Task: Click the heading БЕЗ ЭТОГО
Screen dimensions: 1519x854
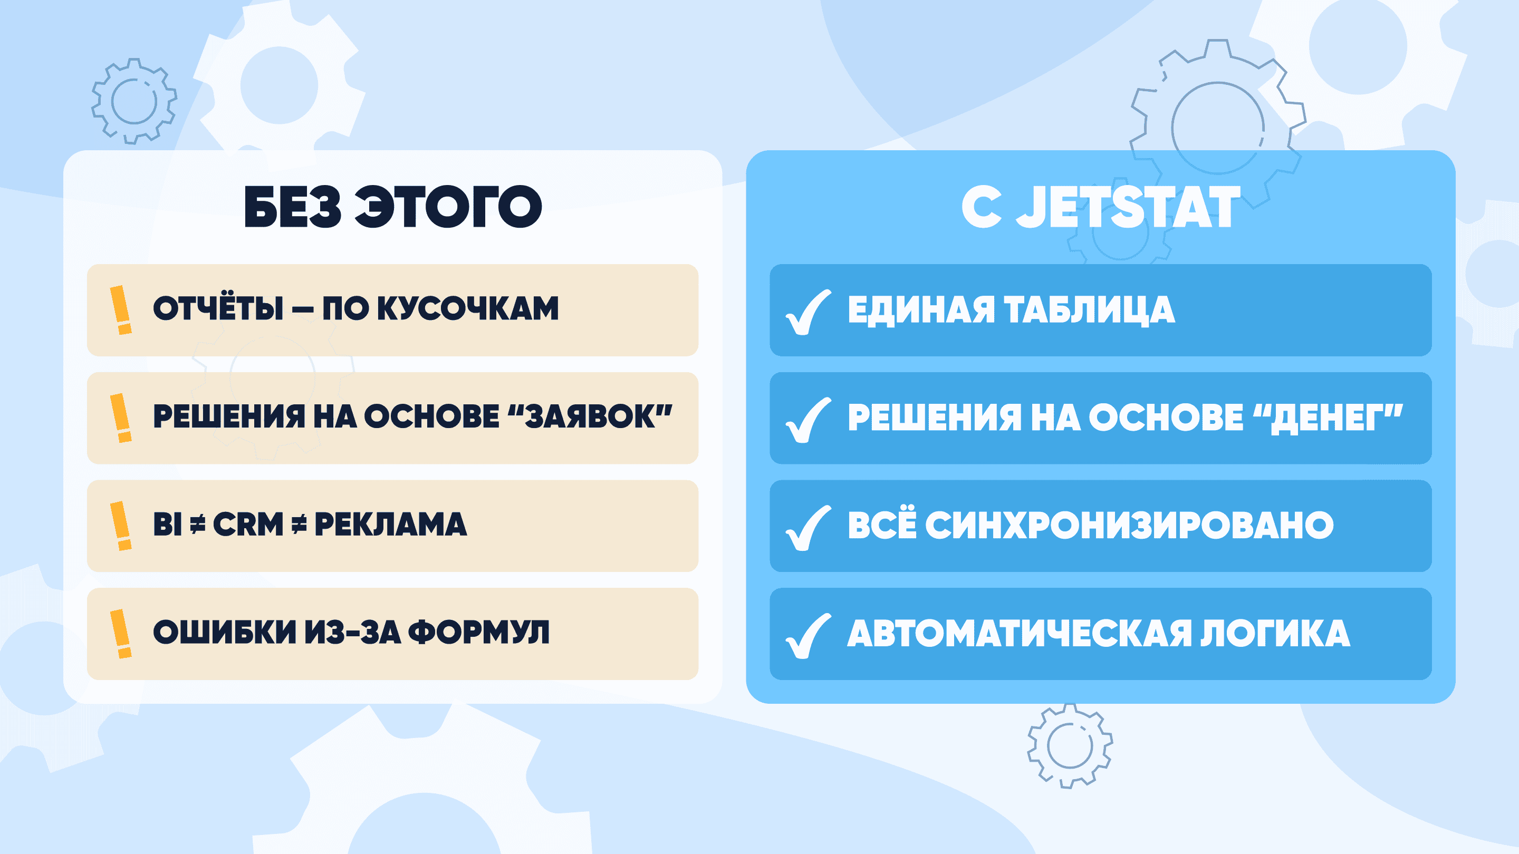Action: pos(393,206)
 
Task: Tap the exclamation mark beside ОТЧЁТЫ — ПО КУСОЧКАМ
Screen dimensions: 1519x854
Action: pos(121,310)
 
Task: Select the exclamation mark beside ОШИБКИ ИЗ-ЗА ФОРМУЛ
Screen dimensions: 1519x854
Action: pos(121,634)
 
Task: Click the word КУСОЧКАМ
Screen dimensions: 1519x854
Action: pos(468,308)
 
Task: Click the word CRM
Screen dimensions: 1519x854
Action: pos(248,524)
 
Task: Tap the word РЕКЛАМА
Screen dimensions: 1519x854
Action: pos(390,524)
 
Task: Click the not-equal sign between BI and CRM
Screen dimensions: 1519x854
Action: pos(198,524)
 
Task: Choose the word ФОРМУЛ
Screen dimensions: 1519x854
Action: pos(479,632)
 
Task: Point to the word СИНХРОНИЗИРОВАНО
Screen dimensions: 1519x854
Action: pos(1129,525)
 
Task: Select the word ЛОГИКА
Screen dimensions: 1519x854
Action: pos(1275,633)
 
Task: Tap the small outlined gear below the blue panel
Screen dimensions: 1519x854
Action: pos(1070,746)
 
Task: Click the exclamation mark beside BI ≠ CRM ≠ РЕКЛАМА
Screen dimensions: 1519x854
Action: pos(121,526)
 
